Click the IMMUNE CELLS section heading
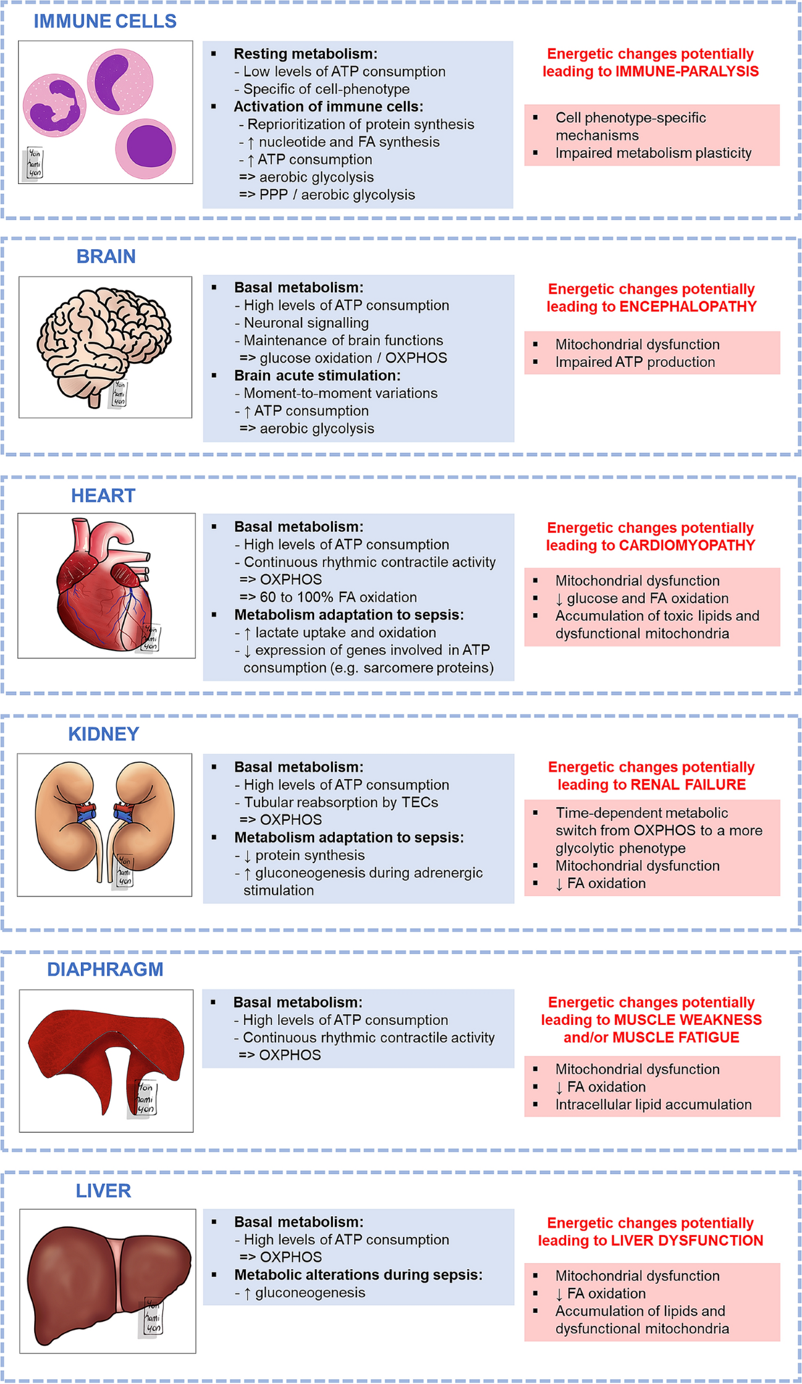105,21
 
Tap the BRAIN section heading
106,257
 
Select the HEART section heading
103,495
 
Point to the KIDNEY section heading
104,734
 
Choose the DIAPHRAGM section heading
105,969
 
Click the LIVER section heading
103,1191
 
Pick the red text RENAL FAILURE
688,785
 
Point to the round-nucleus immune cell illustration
146,148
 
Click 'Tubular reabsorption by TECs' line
341,802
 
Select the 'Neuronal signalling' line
306,323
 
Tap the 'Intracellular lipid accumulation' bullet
653,1105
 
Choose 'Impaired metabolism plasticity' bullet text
653,153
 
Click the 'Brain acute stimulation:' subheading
317,376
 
